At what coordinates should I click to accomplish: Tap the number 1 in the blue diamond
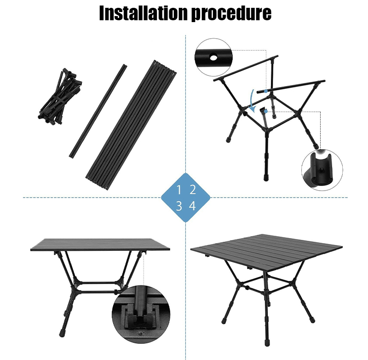click(x=179, y=190)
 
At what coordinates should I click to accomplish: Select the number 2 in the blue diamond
click(x=193, y=190)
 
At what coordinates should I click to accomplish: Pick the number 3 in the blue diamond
click(x=179, y=206)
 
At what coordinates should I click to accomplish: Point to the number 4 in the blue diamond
click(x=193, y=206)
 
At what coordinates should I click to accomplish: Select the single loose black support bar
click(x=98, y=110)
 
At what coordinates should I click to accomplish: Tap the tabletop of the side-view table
click(x=100, y=244)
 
